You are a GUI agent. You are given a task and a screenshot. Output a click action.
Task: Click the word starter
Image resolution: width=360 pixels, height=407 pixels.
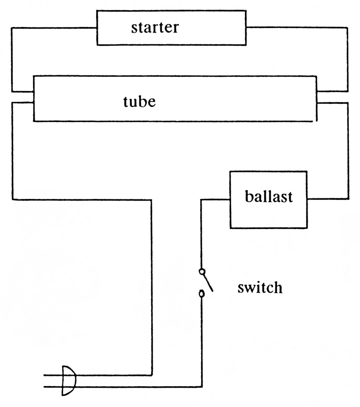coord(155,27)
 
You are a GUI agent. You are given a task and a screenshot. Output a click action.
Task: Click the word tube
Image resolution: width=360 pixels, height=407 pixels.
coord(139,101)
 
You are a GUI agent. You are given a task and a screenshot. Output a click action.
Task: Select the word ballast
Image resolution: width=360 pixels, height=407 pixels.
coord(269,196)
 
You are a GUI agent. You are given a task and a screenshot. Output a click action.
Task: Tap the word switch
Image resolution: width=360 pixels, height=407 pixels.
coord(260,288)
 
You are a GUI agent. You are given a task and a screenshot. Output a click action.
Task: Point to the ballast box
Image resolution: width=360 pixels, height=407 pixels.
coord(269,214)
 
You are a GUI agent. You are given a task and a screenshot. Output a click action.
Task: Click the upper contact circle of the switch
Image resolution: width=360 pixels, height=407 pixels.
coord(202,271)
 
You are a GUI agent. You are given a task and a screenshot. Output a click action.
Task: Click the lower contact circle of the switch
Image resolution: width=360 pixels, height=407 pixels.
coord(202,294)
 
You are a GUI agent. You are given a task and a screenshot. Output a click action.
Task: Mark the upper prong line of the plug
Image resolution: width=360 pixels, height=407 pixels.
coord(51,375)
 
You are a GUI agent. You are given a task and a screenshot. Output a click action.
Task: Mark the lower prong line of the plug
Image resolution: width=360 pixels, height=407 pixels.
coord(51,386)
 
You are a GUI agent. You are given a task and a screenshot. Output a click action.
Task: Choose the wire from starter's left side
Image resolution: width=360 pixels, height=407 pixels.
coord(11,56)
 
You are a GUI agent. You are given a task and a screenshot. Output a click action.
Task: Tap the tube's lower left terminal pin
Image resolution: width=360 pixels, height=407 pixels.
coord(22,103)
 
